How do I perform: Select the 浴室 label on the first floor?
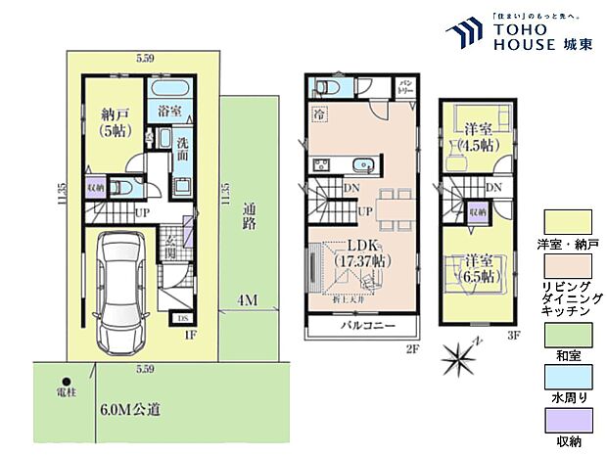(169, 113)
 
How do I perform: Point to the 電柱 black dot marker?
(67, 383)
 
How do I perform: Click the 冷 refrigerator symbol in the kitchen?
(320, 114)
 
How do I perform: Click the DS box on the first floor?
(183, 318)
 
